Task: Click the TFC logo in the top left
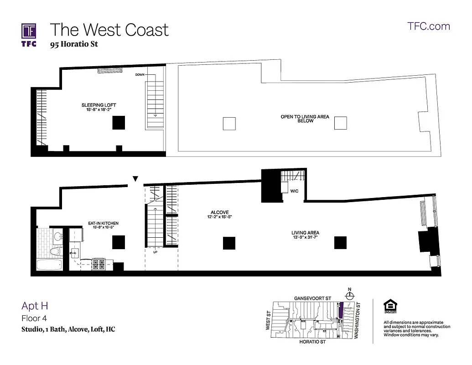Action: point(29,34)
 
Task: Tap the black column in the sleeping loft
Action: point(119,123)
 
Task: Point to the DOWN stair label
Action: point(140,74)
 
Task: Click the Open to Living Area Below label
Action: point(305,119)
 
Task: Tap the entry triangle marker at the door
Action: point(135,179)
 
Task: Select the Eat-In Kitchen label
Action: point(103,224)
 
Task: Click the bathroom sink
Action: point(57,236)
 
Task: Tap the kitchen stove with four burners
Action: point(99,264)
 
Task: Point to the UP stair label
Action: point(155,252)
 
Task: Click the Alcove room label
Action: point(219,212)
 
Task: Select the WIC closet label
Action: point(294,191)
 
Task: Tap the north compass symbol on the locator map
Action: point(349,295)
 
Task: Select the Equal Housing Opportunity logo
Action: point(390,307)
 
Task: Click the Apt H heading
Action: point(35,306)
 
